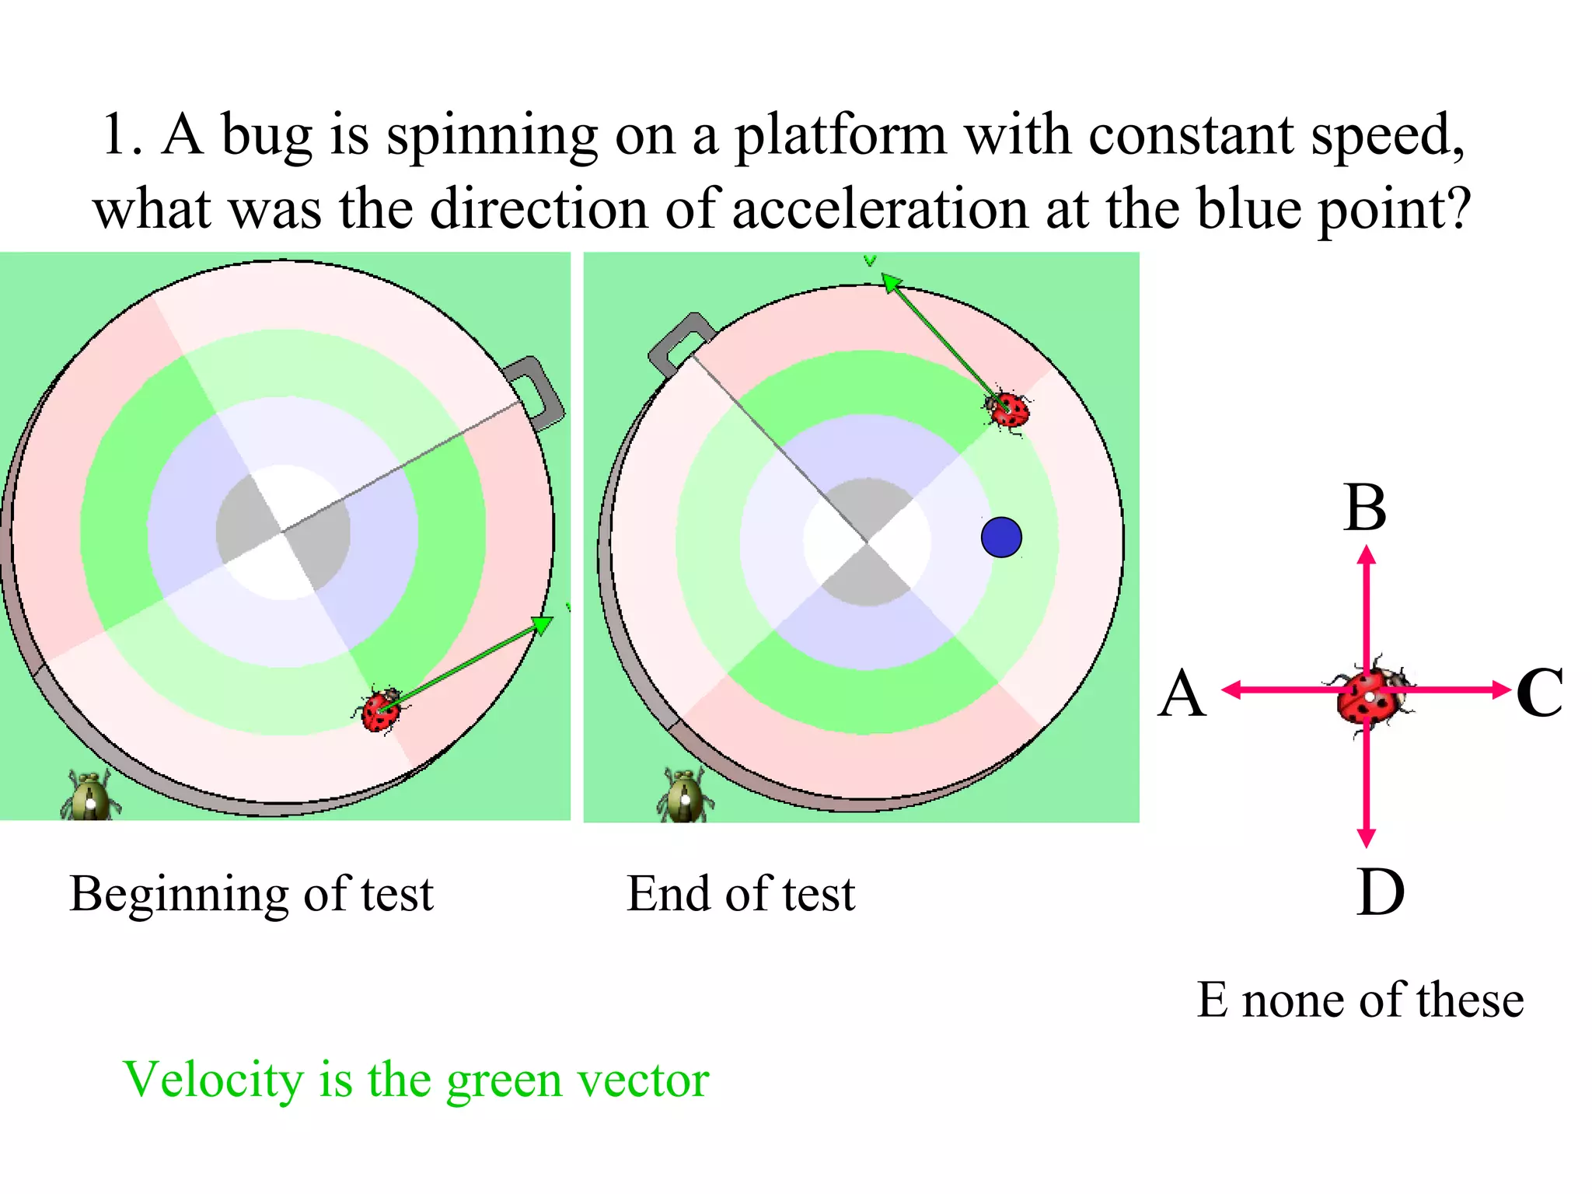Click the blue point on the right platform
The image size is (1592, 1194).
[1001, 537]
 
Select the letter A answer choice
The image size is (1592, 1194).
[1182, 693]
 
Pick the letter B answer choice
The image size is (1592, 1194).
[1365, 508]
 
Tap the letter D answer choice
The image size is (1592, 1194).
[1380, 893]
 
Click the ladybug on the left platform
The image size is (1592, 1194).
[380, 709]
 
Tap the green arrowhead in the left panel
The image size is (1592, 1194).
[542, 625]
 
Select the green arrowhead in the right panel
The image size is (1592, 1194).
[892, 283]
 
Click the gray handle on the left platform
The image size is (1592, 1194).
[536, 392]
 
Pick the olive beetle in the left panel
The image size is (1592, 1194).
[90, 796]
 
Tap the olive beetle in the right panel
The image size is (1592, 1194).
[686, 796]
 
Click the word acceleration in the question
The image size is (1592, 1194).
[880, 210]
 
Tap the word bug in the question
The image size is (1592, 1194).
[267, 136]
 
